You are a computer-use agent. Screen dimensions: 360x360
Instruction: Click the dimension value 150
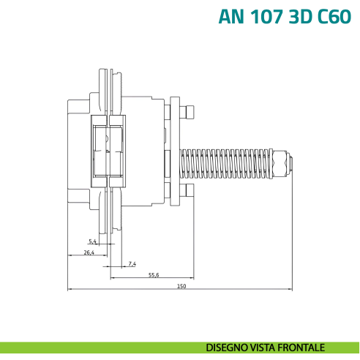[x=181, y=285]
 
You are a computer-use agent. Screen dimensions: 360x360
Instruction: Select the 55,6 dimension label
[x=154, y=274]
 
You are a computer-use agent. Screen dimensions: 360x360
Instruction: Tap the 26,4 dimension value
[x=89, y=252]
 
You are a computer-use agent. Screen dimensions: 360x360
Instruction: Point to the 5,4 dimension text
[x=92, y=241]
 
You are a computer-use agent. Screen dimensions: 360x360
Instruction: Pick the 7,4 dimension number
[x=132, y=263]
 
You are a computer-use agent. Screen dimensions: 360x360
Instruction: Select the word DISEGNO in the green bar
[x=227, y=347]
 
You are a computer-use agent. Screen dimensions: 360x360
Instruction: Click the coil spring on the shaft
[x=227, y=165]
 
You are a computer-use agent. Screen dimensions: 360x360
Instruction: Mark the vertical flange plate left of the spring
[x=176, y=154]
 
